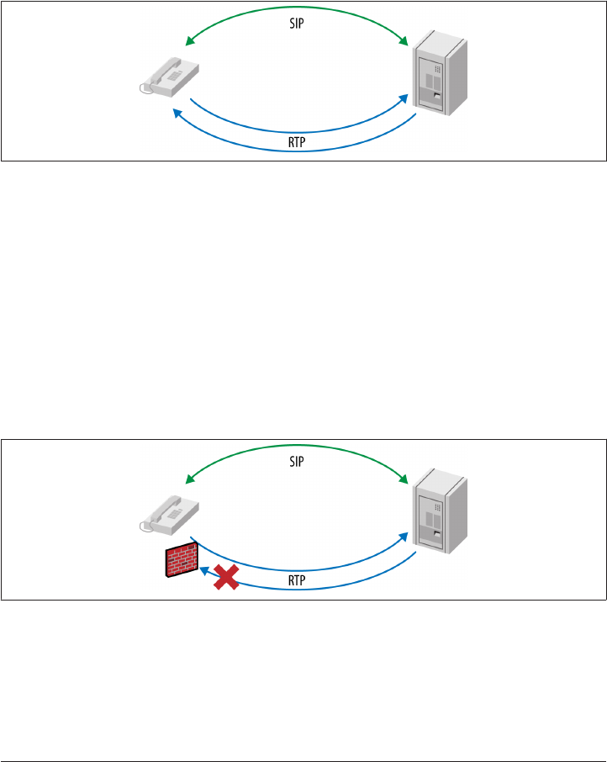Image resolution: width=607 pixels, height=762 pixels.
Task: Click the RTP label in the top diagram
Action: point(296,142)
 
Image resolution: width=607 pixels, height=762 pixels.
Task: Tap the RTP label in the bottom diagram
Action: point(296,580)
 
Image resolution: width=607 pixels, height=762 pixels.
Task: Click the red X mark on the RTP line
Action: point(224,577)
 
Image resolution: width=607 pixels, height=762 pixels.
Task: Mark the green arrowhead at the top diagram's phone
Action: point(189,40)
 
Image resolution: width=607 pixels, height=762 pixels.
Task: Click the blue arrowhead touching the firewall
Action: point(203,569)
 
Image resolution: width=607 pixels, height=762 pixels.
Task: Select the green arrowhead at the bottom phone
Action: point(189,478)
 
